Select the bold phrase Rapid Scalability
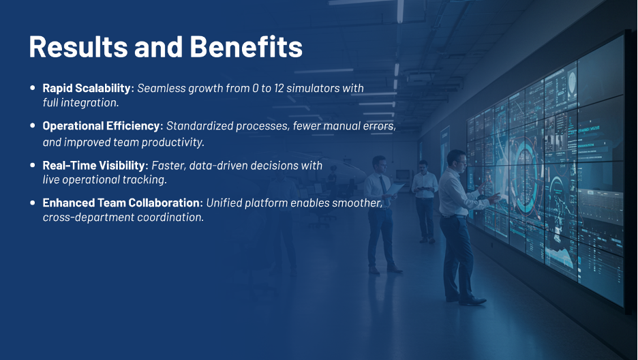[x=86, y=88]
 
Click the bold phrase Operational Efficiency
[x=101, y=126]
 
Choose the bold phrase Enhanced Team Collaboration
[x=122, y=203]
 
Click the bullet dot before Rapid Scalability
[x=33, y=88]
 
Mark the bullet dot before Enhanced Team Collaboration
[x=33, y=203]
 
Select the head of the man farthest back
[x=423, y=166]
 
